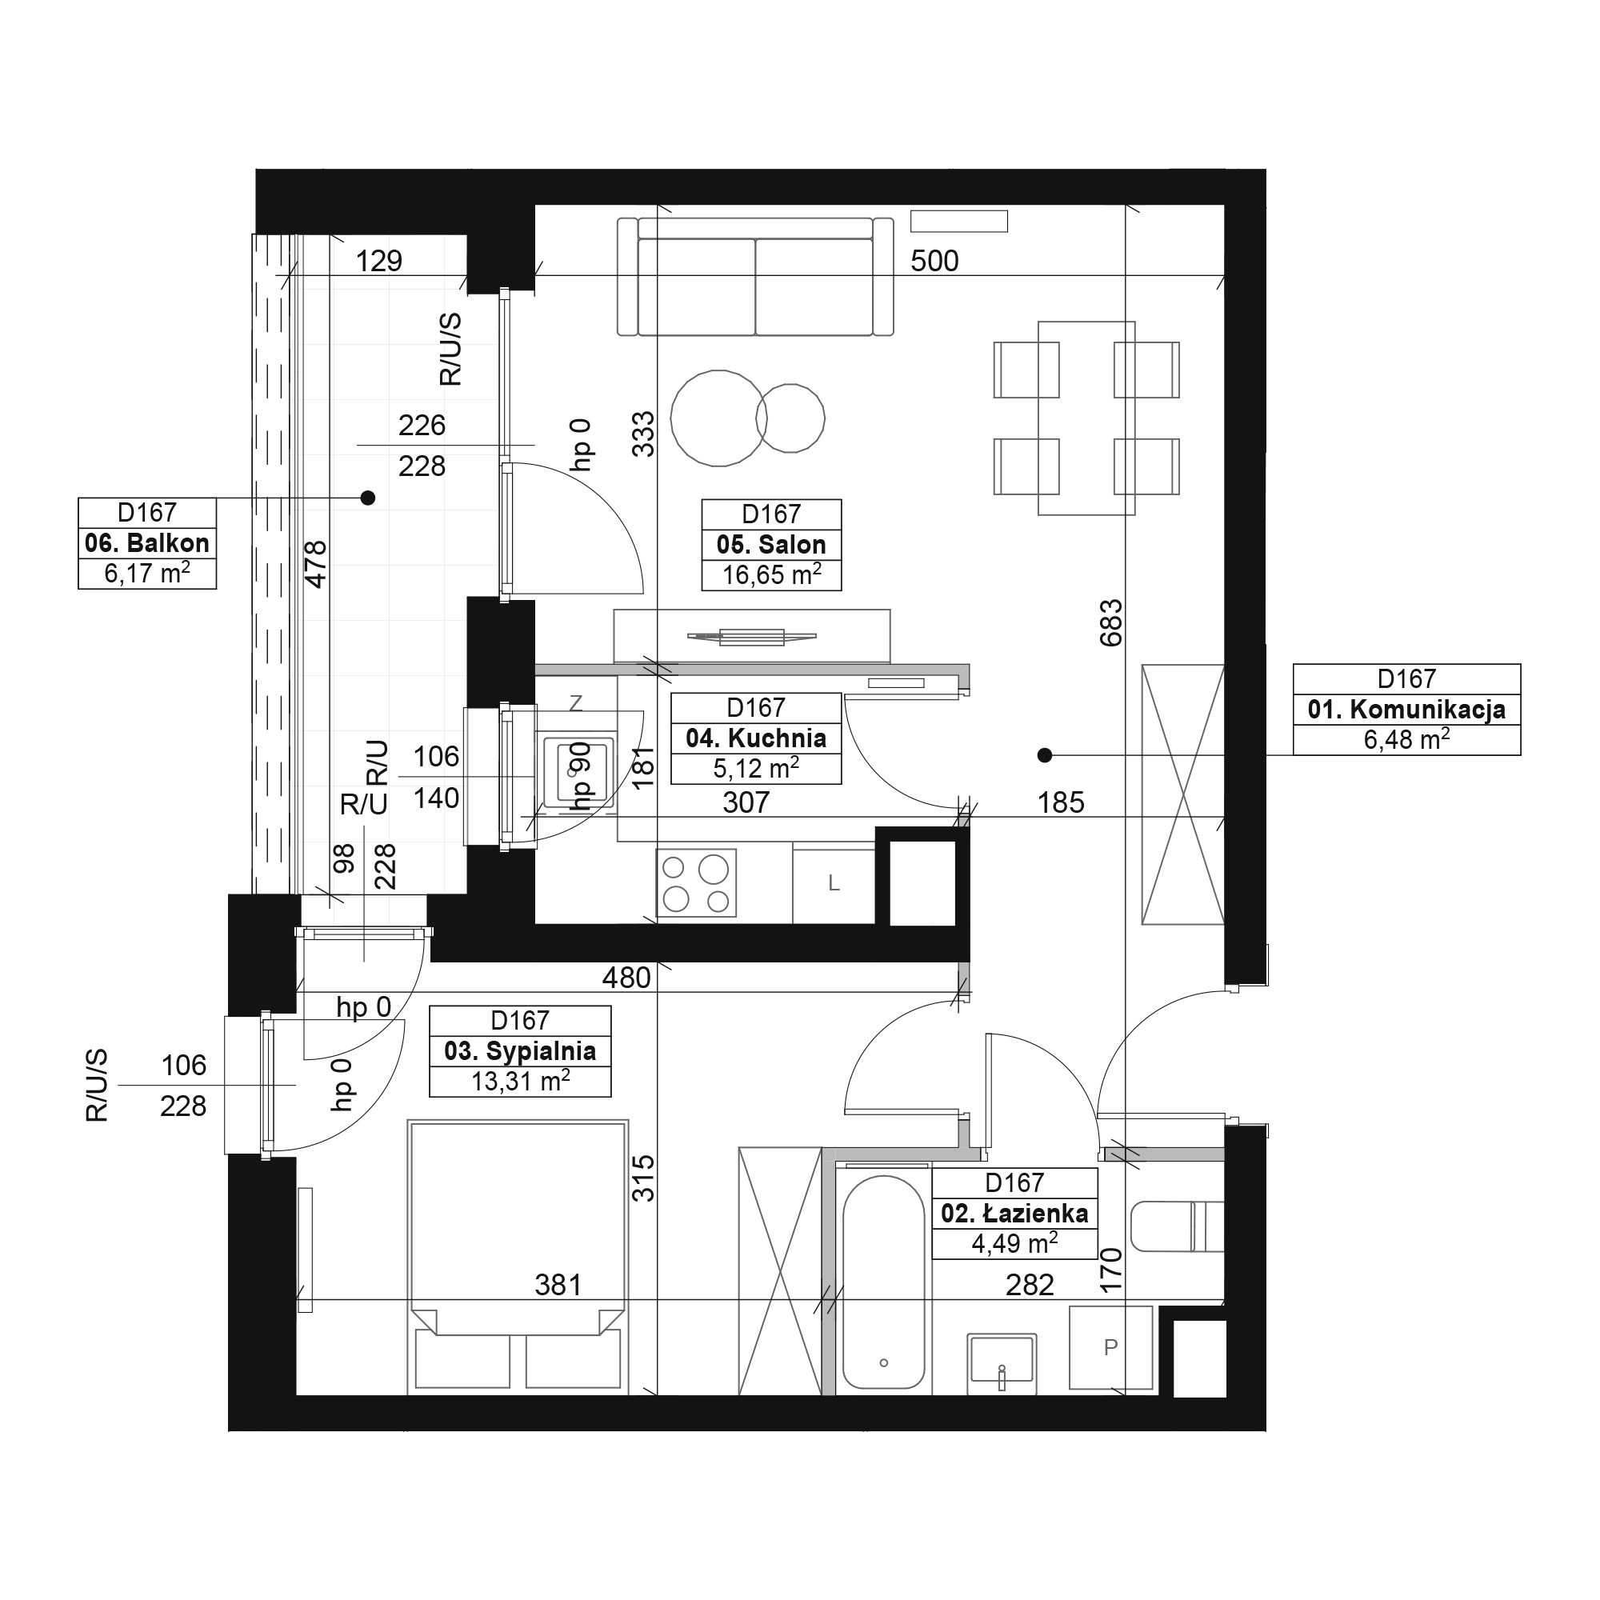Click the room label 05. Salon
[771, 545]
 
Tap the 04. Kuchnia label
[755, 738]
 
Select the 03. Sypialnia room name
[520, 1052]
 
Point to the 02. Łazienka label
[1014, 1214]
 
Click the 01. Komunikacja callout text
[1406, 710]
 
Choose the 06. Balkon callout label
[146, 543]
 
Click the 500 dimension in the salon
[934, 261]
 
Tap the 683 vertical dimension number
[1111, 622]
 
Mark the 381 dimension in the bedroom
[558, 1286]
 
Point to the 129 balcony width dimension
[378, 261]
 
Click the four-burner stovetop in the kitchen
[697, 883]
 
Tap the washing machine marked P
[1110, 1347]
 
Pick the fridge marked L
[834, 884]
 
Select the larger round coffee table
[718, 418]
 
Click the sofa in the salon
[755, 277]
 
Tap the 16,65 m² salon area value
[771, 574]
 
